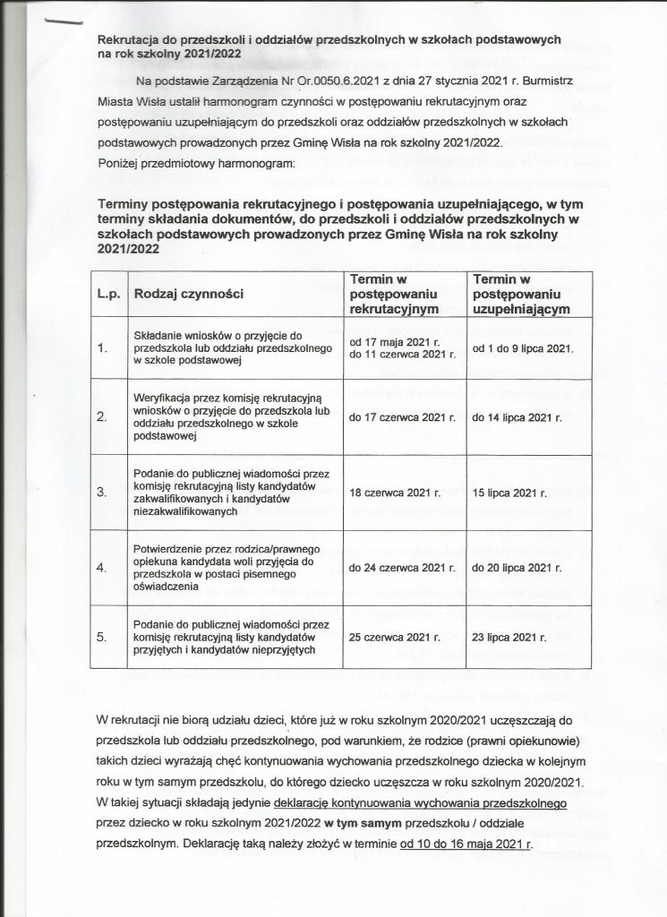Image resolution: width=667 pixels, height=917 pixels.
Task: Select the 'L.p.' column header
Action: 107,294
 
